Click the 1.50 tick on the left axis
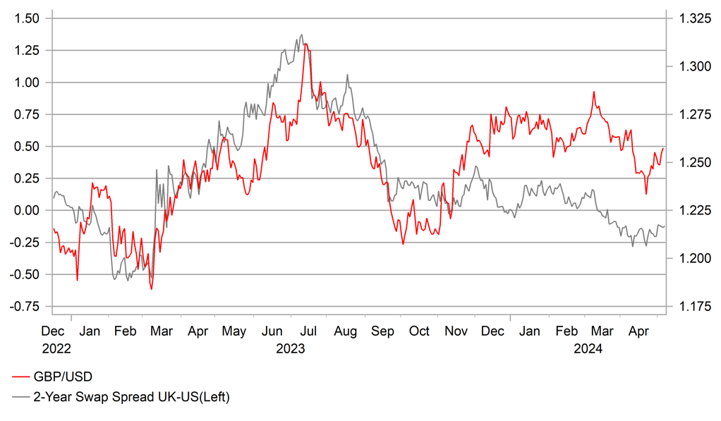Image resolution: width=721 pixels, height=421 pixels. (29, 18)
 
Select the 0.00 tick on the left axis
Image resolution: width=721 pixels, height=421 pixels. (29, 211)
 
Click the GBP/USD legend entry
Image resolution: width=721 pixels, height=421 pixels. (62, 377)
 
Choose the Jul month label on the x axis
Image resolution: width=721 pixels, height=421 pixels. (309, 331)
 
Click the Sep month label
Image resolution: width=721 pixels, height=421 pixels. (383, 331)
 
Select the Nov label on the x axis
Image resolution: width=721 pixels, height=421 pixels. (456, 331)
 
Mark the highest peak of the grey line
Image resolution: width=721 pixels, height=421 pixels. (302, 35)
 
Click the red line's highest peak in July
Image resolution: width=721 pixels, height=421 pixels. (305, 44)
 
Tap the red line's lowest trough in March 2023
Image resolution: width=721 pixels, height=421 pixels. (151, 288)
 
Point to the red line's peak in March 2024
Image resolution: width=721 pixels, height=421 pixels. (594, 92)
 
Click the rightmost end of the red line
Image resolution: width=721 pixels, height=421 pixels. (663, 148)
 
